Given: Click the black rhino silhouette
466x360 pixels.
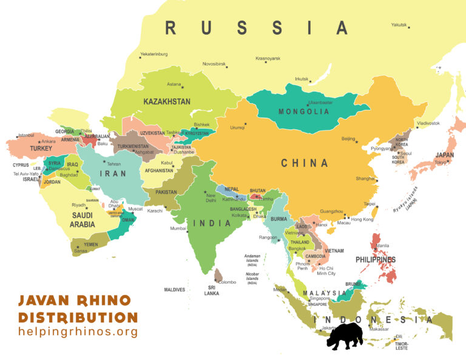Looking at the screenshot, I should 345,336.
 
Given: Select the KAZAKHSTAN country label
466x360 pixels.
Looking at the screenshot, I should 167,101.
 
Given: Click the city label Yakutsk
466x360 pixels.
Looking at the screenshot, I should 398,25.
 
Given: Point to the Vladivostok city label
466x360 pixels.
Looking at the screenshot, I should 428,123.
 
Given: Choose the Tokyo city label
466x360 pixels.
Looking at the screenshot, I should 441,162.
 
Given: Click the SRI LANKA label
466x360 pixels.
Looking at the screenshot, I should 212,290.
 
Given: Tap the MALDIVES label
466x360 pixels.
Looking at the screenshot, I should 174,290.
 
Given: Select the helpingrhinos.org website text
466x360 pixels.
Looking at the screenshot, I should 78,332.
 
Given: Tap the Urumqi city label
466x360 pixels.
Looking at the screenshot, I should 237,127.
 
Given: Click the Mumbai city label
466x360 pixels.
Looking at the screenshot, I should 178,229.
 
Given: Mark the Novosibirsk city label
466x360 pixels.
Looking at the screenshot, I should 214,64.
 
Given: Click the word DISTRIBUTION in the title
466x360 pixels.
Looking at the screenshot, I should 78,317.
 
